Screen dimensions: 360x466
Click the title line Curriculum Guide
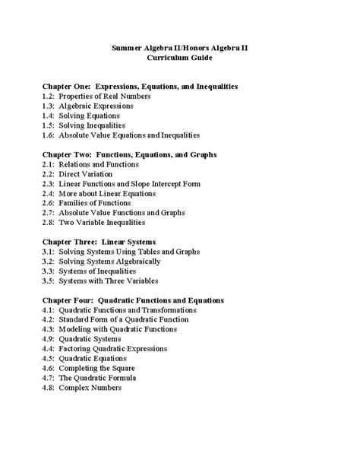coord(179,58)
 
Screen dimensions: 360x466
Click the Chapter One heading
coord(141,87)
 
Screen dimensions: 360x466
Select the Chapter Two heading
coord(131,154)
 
